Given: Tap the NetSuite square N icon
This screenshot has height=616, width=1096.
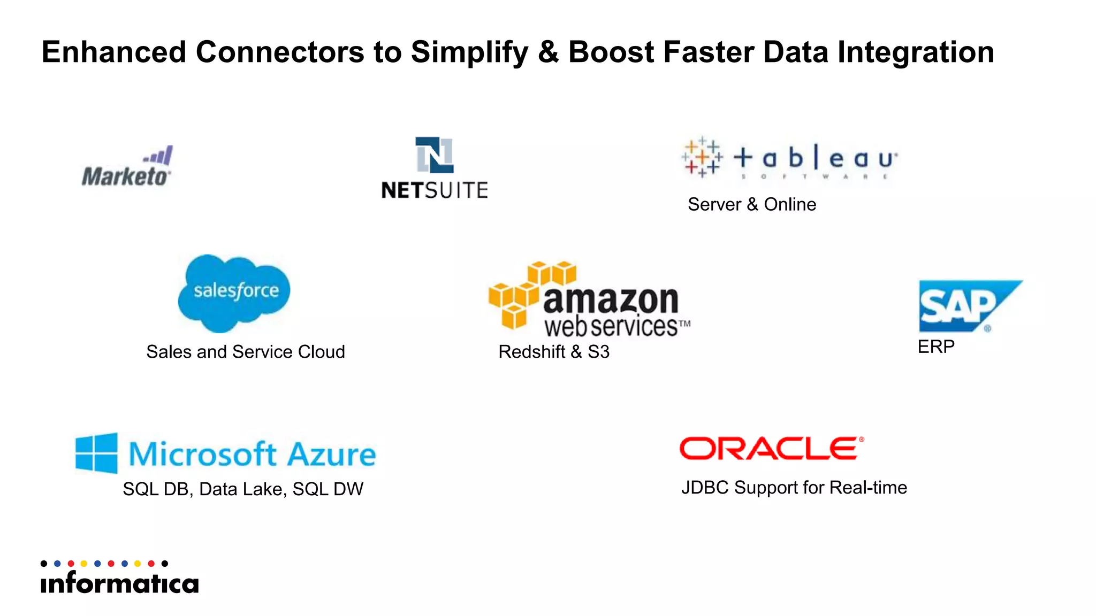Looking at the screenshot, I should pyautogui.click(x=434, y=155).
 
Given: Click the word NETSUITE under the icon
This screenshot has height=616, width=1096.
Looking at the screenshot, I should pyautogui.click(x=434, y=190).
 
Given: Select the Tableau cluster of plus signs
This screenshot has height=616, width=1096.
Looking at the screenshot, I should pyautogui.click(x=702, y=157).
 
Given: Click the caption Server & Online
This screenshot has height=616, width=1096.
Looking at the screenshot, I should pyautogui.click(x=751, y=204).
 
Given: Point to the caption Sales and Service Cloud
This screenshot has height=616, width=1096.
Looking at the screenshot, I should pyautogui.click(x=245, y=352).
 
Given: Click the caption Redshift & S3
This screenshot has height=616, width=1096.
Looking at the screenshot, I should pyautogui.click(x=553, y=352).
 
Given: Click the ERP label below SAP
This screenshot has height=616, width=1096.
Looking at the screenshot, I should pyautogui.click(x=935, y=346).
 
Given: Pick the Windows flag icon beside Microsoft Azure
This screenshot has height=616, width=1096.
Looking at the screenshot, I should pyautogui.click(x=96, y=453).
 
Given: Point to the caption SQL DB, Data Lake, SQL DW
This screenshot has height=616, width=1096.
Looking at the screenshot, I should pyautogui.click(x=242, y=489).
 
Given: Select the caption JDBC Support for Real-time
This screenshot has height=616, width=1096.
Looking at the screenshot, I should pyautogui.click(x=794, y=488).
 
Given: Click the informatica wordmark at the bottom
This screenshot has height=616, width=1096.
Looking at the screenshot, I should pyautogui.click(x=119, y=583).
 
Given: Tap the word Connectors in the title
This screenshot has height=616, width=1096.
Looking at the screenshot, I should pyautogui.click(x=280, y=52).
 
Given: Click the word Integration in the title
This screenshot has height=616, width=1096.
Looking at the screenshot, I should pyautogui.click(x=915, y=52).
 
